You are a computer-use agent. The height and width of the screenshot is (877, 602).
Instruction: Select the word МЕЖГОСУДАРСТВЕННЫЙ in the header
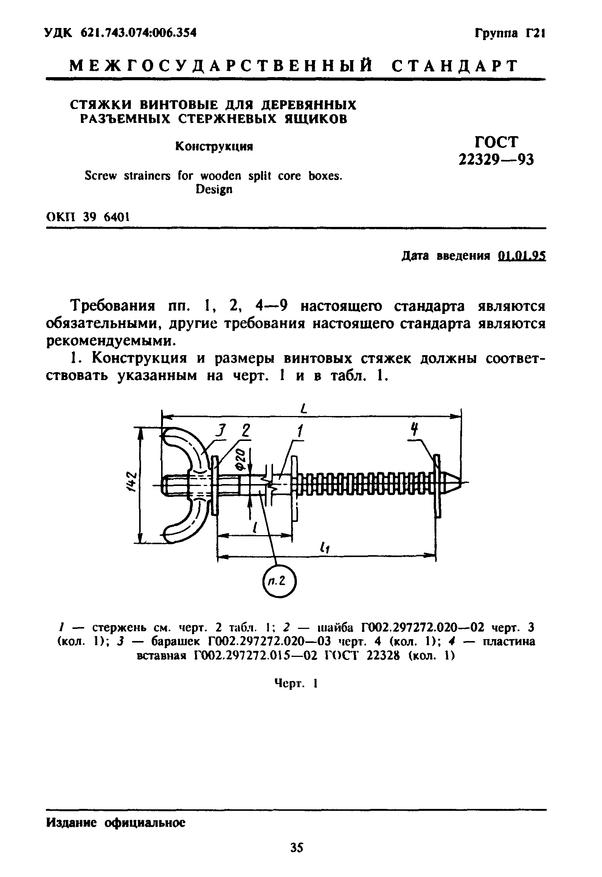[x=220, y=66]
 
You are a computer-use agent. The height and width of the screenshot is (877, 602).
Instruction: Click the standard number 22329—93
[x=496, y=160]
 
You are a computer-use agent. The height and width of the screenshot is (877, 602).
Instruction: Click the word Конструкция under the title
[x=214, y=147]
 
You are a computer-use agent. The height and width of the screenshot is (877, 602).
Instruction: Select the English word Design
[x=214, y=189]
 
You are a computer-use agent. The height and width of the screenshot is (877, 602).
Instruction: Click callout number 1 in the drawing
[x=300, y=431]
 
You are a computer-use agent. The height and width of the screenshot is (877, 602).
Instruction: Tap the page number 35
[x=297, y=845]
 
